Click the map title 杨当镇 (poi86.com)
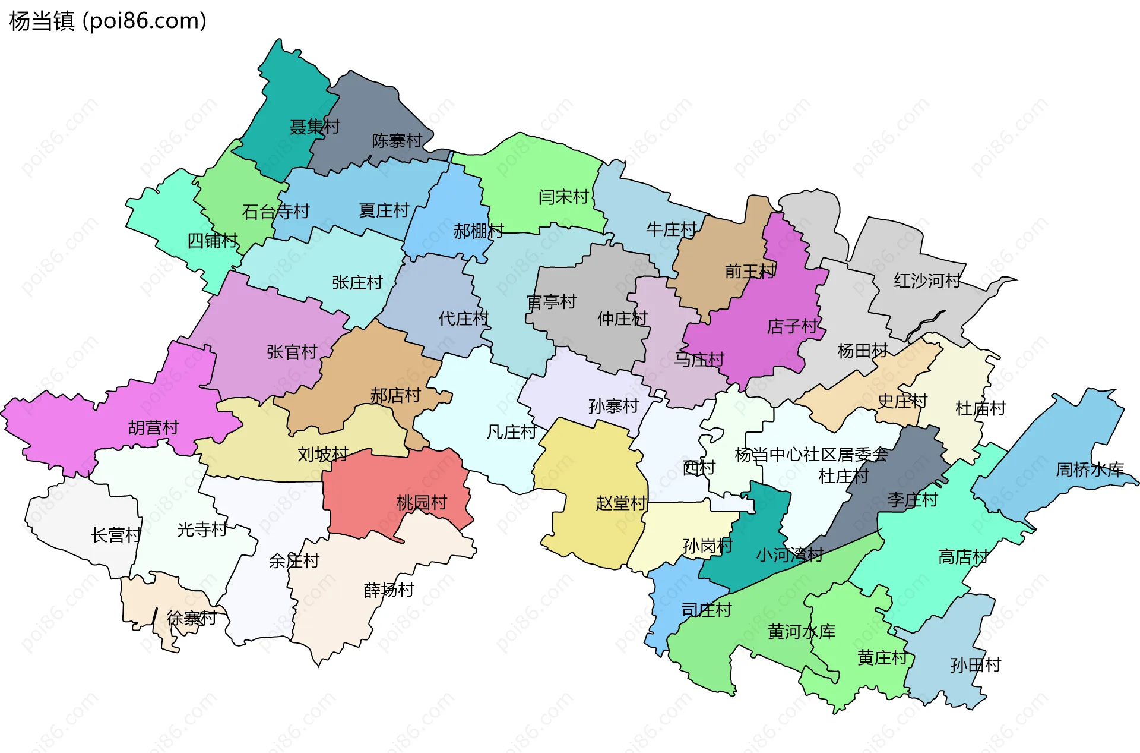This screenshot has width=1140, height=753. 107,21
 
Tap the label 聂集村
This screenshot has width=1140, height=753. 315,127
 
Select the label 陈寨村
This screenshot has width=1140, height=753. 397,141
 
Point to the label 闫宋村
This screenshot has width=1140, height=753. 563,197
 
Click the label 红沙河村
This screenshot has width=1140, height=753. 927,281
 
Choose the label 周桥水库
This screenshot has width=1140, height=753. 1090,470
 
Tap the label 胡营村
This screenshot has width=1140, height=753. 153,427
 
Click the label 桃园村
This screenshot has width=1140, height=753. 422,503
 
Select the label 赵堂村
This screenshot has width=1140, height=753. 621,503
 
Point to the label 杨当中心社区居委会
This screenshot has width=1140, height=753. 812,455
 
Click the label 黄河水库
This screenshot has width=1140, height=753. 802,631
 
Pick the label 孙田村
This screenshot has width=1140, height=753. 976,664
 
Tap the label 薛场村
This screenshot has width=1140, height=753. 389,590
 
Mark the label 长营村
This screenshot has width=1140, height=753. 116,535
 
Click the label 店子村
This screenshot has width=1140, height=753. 792,326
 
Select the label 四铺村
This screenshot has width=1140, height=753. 213,241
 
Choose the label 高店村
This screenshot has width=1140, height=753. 963,557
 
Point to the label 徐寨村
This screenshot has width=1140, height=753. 191,618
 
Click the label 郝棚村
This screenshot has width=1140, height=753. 479,231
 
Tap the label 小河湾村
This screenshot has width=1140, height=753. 790,554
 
